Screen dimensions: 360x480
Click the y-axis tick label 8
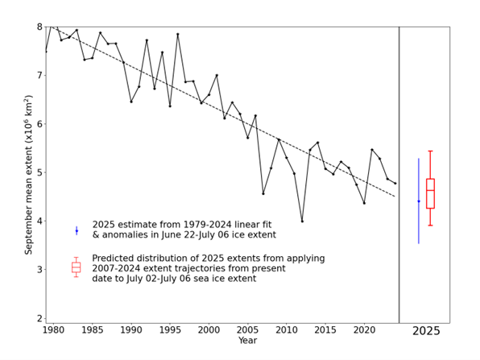[x=39, y=27]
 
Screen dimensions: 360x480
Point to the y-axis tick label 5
[x=39, y=172]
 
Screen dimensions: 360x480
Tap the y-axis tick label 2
[x=39, y=318]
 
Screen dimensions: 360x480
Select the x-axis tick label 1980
[x=54, y=329]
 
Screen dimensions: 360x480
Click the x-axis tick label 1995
[x=170, y=329]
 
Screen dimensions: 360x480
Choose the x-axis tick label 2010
[x=287, y=329]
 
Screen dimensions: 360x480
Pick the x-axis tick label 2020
[x=364, y=329]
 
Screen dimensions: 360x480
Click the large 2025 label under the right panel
[x=426, y=331]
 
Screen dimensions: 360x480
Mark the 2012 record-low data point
[x=302, y=221]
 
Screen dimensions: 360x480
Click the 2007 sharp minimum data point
[x=263, y=193]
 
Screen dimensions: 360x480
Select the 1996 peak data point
[x=178, y=34]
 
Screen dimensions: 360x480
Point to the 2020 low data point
[x=364, y=203]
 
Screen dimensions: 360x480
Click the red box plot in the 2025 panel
[x=431, y=193]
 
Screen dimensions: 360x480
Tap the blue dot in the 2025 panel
[x=419, y=201]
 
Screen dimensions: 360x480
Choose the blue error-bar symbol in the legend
[x=77, y=230]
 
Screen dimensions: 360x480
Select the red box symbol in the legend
[x=77, y=267]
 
